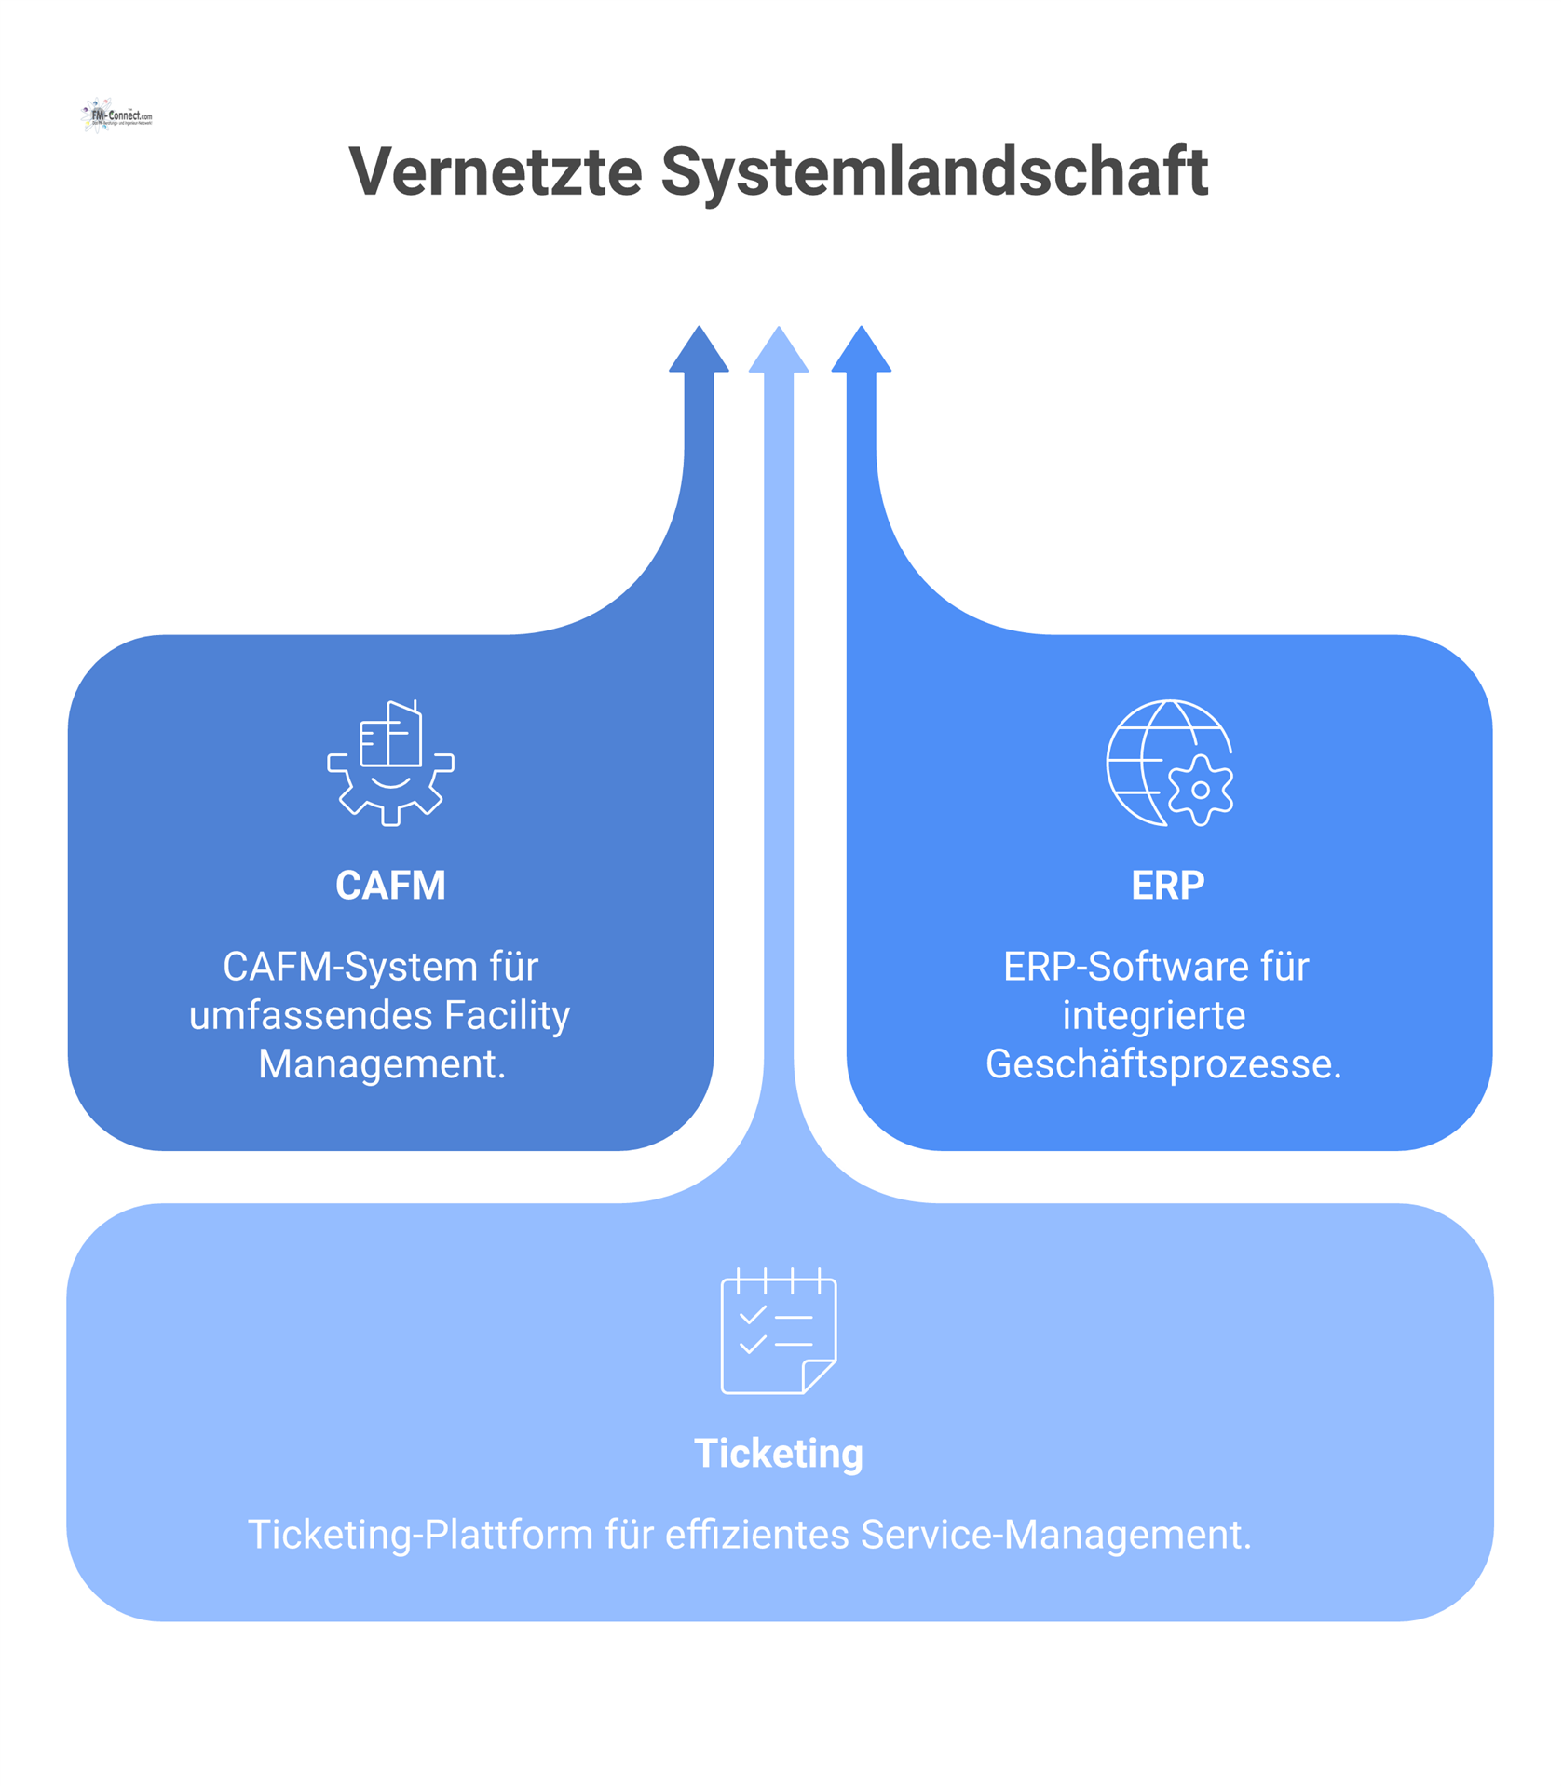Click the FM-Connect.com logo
[x=116, y=116]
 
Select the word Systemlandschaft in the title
[x=934, y=172]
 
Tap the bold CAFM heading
[x=390, y=886]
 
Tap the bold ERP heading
[x=1168, y=886]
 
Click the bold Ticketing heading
[x=779, y=1454]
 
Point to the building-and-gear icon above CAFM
[x=391, y=763]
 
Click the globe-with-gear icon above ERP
[x=1169, y=763]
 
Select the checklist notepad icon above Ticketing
[x=779, y=1331]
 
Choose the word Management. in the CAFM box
[x=382, y=1064]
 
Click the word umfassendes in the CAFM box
[x=311, y=1015]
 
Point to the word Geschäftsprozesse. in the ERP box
[x=1163, y=1064]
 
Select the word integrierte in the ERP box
[x=1154, y=1015]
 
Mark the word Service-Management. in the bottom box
[x=1056, y=1535]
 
